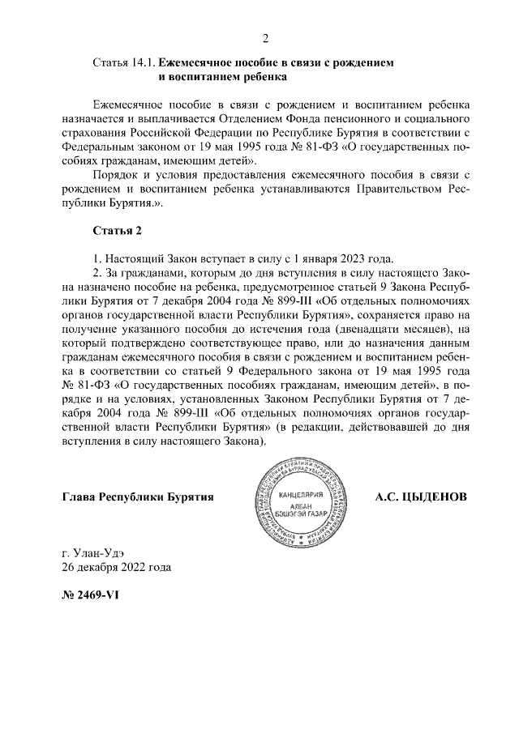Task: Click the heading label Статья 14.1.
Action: coord(124,62)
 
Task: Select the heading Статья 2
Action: coord(118,231)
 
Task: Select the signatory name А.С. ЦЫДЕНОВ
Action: coord(421,496)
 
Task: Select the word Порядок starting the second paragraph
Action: coord(115,174)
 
